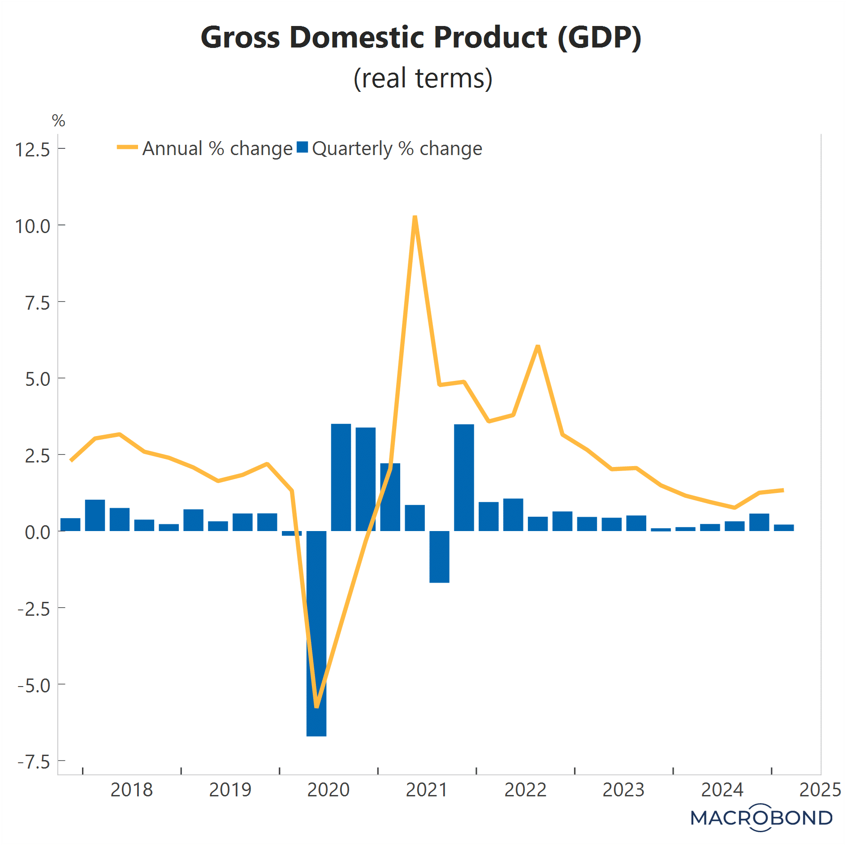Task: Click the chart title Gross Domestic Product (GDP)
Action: pos(421,37)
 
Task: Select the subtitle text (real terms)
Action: pos(423,78)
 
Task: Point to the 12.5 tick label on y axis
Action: pos(33,150)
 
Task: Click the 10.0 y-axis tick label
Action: pos(33,226)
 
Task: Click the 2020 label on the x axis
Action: pos(328,790)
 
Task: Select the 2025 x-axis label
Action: pos(820,790)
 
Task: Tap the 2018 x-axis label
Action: pos(131,790)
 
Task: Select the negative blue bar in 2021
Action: pos(439,557)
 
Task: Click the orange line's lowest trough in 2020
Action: pos(317,706)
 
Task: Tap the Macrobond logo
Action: pos(761,818)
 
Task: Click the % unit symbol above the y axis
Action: pos(58,121)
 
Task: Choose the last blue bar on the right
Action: pos(784,527)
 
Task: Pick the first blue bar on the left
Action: pos(70,524)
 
